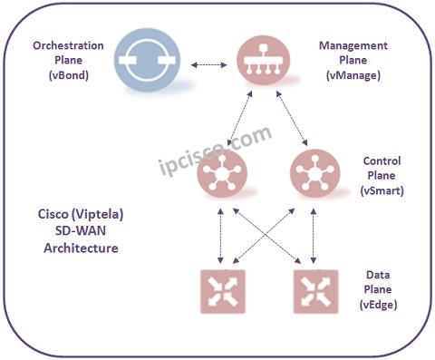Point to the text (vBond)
pyautogui.click(x=67, y=78)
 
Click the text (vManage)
pyautogui.click(x=354, y=77)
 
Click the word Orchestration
pyautogui.click(x=68, y=45)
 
